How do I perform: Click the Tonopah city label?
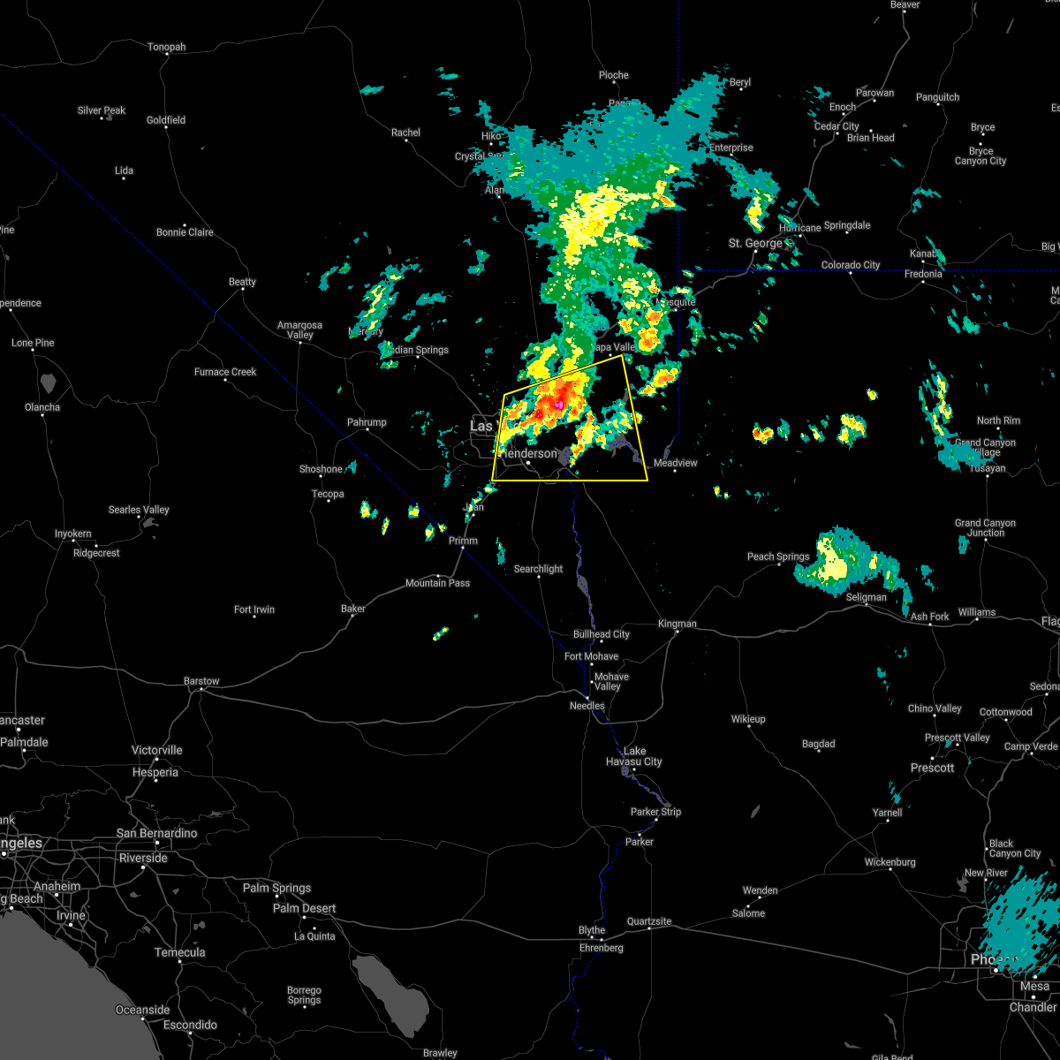tap(166, 47)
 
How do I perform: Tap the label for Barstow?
tap(201, 681)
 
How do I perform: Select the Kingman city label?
tap(678, 624)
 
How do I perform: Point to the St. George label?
tap(755, 243)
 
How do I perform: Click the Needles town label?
tap(587, 706)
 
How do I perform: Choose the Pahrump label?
tap(366, 422)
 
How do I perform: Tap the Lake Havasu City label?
tap(633, 756)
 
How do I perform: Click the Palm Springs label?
tap(279, 888)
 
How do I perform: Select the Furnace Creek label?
tap(225, 372)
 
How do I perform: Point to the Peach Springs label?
tap(778, 556)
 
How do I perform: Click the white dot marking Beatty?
tap(242, 292)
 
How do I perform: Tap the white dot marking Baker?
tap(353, 619)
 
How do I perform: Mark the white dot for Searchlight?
tap(539, 579)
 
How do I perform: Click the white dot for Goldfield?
tap(166, 131)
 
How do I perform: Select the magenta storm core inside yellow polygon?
tap(558, 405)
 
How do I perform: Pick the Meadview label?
tap(675, 463)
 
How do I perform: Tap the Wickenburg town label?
tap(890, 862)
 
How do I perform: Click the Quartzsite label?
tap(649, 921)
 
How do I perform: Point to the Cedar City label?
tap(837, 126)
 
